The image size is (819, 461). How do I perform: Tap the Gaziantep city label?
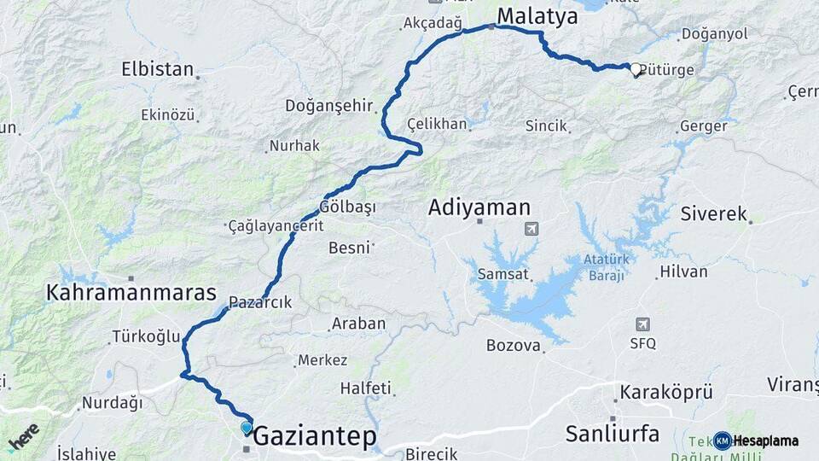pos(315,436)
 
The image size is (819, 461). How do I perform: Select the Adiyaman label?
pos(479,207)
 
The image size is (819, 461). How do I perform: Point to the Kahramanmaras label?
pos(132,293)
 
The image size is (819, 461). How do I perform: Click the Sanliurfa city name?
pos(613,434)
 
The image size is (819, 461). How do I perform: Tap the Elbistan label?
pos(158,69)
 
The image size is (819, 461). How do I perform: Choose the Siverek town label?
pos(713,213)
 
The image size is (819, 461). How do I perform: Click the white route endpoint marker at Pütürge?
pos(636,70)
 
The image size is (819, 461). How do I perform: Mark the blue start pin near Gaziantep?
pos(247,428)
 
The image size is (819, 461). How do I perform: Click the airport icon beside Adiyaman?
pos(532,229)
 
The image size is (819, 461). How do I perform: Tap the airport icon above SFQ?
pos(642,324)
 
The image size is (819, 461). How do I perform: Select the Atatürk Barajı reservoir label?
pos(605,267)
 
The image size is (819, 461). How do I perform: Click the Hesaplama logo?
pos(756,441)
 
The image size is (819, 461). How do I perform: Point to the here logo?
pos(23,437)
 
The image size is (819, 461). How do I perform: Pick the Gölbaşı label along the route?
pos(348,207)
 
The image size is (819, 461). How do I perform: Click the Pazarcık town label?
pos(261,302)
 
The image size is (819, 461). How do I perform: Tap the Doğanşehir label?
pos(329,106)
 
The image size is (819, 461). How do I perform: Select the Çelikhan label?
pos(438,124)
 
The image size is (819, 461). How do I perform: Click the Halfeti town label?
pos(365,388)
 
